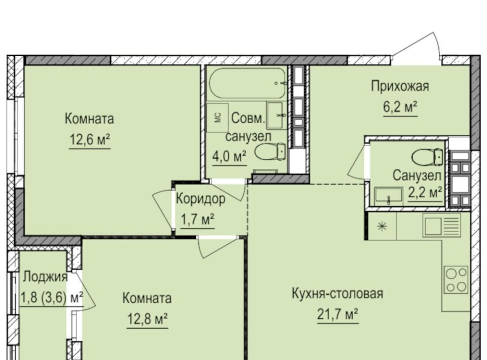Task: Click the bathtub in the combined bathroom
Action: (x=247, y=83)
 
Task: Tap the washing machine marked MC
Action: (x=218, y=118)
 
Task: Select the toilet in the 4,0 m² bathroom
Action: (x=270, y=152)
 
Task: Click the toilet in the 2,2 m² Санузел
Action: (x=427, y=157)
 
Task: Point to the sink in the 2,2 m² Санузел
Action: (x=389, y=196)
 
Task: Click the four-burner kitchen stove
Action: (x=456, y=279)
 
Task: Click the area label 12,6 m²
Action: (x=89, y=140)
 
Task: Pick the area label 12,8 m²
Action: (x=148, y=319)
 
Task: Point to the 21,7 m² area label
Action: (x=338, y=315)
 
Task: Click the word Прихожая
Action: (x=400, y=86)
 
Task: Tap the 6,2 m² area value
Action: (x=400, y=107)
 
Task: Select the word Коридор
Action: (x=201, y=199)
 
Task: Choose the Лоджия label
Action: (x=45, y=277)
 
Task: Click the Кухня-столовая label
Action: (x=337, y=294)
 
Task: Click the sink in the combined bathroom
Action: (x=275, y=115)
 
